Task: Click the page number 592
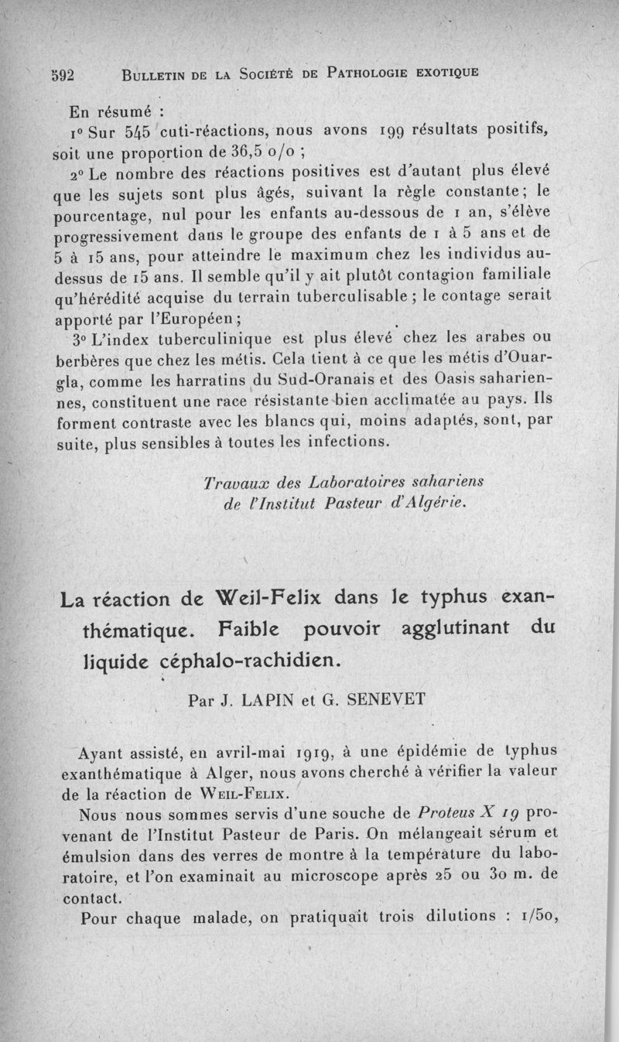pos(61,75)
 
